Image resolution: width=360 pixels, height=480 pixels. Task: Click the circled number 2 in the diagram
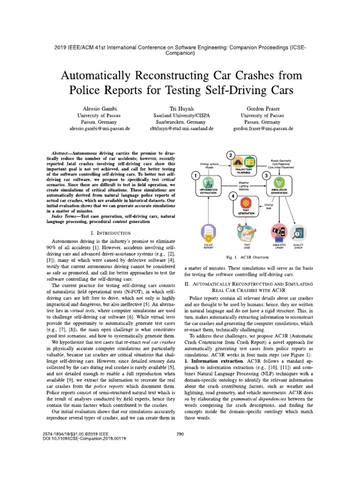(230, 155)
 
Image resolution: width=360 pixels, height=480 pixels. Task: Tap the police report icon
(207, 232)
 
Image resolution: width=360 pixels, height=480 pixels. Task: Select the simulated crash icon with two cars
(279, 232)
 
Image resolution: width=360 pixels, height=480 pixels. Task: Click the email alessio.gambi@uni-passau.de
(100, 127)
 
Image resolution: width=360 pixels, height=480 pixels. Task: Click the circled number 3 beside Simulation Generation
(279, 175)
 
